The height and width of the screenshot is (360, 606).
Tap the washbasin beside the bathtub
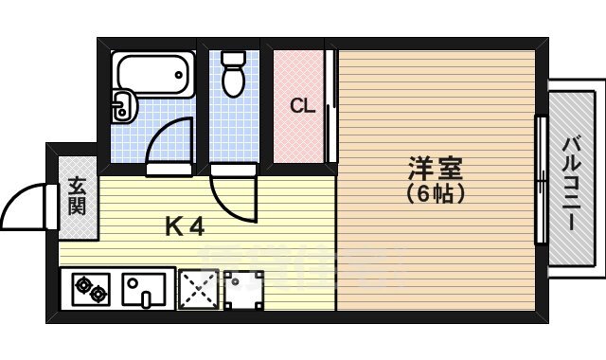point(121,105)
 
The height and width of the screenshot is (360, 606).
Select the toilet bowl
point(233,81)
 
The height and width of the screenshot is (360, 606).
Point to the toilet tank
point(233,58)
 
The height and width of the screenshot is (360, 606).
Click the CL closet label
point(301,105)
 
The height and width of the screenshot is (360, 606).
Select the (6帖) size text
point(435,193)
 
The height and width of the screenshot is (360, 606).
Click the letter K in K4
point(173,226)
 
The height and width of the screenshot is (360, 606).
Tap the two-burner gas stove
point(91,288)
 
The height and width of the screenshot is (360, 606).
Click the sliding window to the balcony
point(541,180)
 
